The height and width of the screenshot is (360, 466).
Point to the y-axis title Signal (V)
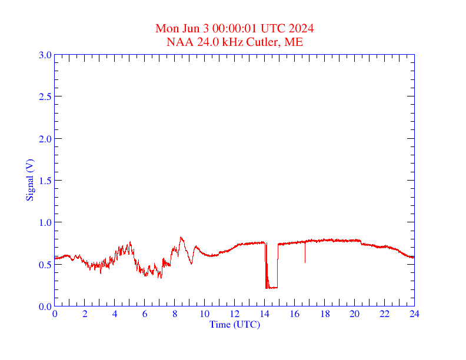coord(29,179)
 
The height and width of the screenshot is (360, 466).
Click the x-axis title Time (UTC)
coord(234,324)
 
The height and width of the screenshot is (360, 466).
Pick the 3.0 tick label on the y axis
coord(45,55)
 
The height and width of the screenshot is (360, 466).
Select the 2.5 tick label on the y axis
coord(45,96)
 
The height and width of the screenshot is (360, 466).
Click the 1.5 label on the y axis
coord(45,181)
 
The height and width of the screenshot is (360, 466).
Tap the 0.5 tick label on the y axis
coord(45,264)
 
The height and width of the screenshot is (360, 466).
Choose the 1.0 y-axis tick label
coord(45,222)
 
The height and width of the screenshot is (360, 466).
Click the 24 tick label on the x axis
coord(414,314)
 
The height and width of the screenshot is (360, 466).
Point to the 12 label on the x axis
coord(235,314)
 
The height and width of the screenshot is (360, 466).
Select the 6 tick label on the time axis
coord(145,314)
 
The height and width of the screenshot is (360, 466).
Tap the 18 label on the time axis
coord(324,314)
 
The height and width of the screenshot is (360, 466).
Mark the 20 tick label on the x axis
coord(354,314)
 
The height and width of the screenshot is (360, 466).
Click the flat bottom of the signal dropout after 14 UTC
coord(272,288)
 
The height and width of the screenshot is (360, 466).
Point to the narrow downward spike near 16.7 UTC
coord(305,259)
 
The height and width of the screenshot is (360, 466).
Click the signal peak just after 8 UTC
coord(181,238)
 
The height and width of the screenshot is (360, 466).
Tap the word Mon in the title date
coord(167,29)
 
